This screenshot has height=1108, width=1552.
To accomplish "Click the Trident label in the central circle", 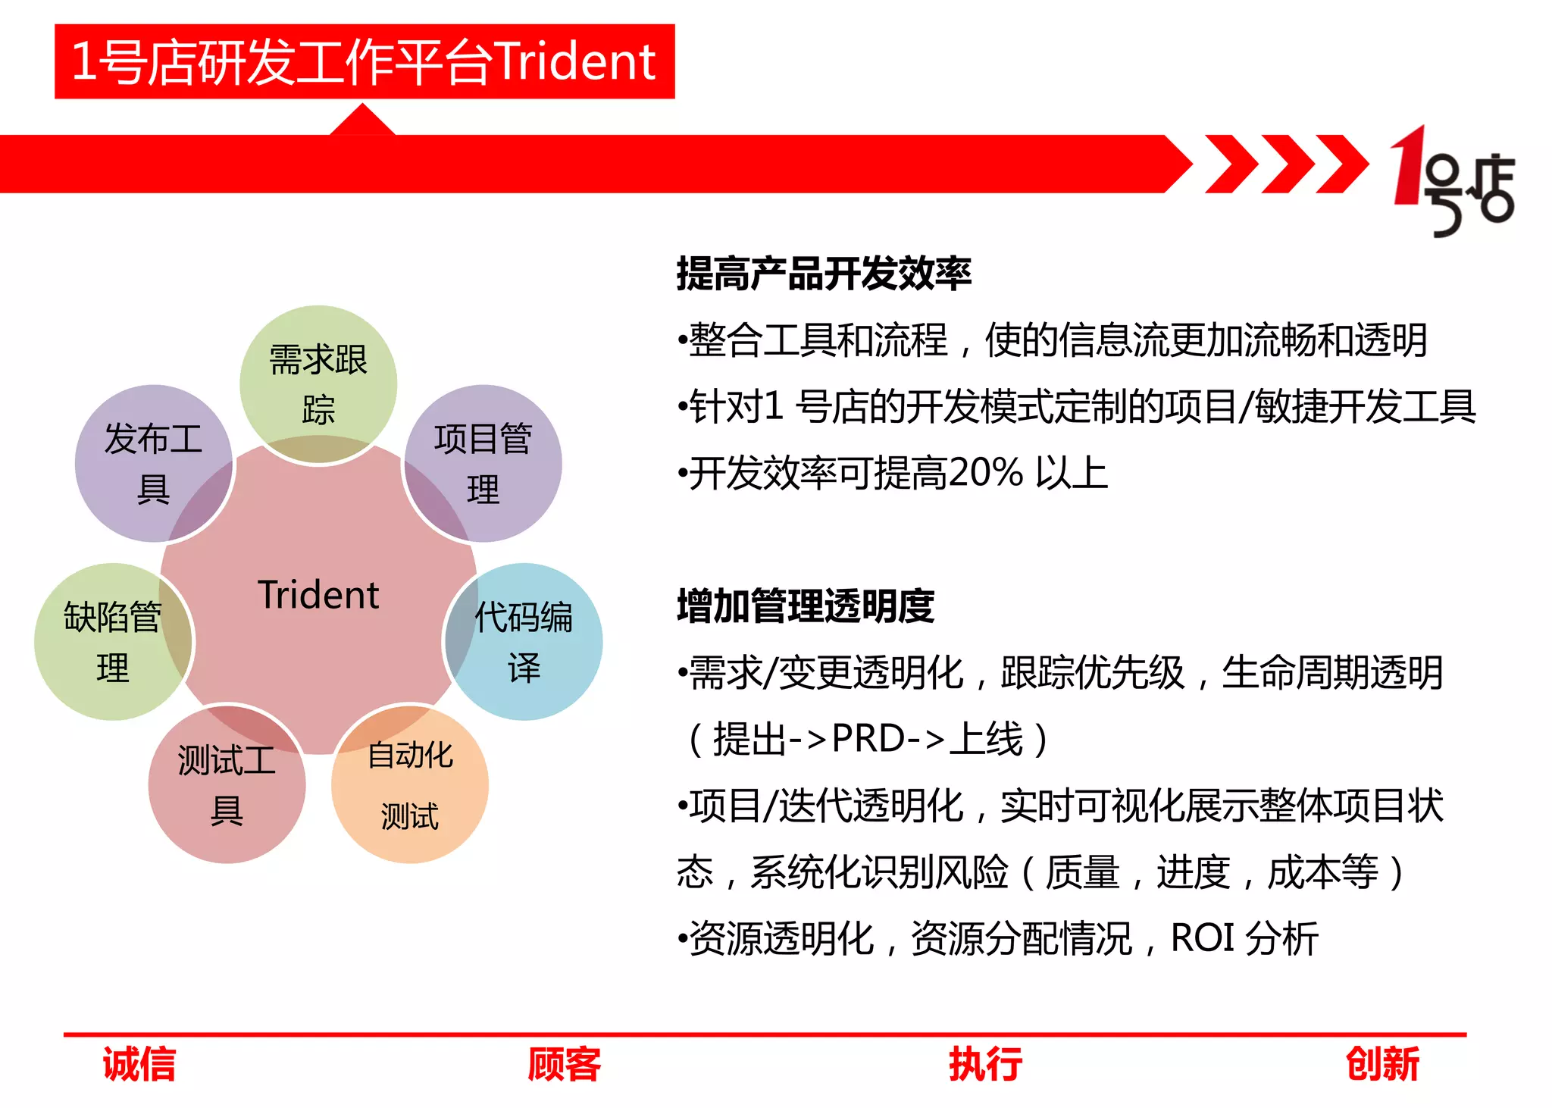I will pyautogui.click(x=318, y=595).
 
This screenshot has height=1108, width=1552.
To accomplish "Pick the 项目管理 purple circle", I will pyautogui.click(x=483, y=463).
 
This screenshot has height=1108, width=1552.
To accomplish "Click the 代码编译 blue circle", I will pyautogui.click(x=524, y=641).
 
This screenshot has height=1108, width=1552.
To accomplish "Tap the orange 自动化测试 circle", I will pyautogui.click(x=410, y=784).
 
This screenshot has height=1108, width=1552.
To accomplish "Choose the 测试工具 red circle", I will pyautogui.click(x=227, y=784).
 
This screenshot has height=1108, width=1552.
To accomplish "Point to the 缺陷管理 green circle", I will pyautogui.click(x=113, y=641).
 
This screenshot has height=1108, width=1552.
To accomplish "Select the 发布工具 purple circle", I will pyautogui.click(x=153, y=463).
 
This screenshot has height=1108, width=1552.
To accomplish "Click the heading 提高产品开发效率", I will pyautogui.click(x=824, y=274).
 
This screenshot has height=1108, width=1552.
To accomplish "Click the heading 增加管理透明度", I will pyautogui.click(x=806, y=606).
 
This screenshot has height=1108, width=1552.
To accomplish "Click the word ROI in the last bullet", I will pyautogui.click(x=1203, y=938).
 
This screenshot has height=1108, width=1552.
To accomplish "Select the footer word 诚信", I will pyautogui.click(x=139, y=1064).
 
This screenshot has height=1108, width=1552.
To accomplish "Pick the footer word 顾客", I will pyautogui.click(x=565, y=1064).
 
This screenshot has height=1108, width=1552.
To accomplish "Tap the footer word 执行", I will pyautogui.click(x=985, y=1064).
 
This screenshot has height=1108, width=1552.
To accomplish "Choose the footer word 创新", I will pyautogui.click(x=1382, y=1064).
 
